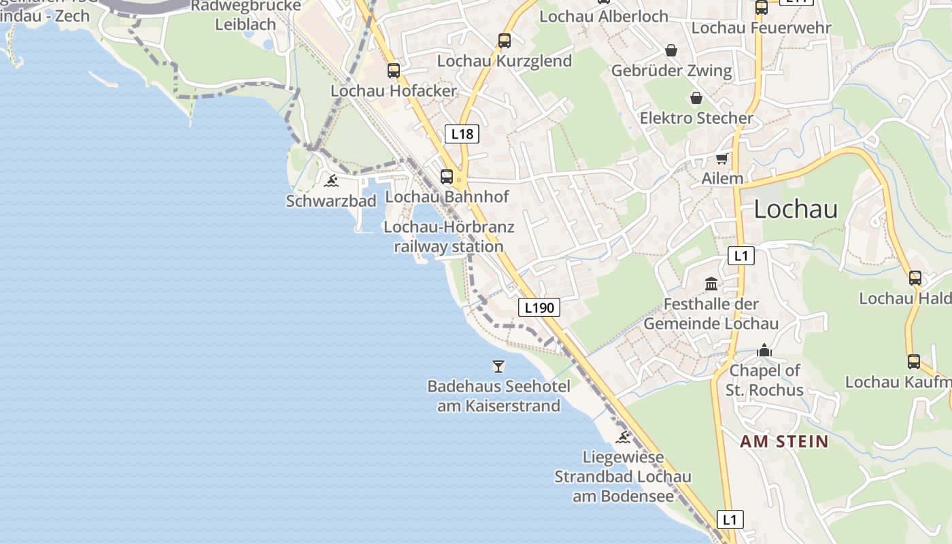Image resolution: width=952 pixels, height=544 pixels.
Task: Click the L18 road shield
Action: point(462,134)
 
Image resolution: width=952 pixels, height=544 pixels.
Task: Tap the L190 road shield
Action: point(539,307)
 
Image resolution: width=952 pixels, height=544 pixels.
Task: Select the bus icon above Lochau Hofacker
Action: point(394,70)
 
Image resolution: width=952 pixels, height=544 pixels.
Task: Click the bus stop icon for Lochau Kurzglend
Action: point(504,40)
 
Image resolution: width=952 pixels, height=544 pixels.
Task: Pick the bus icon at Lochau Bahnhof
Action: point(447,177)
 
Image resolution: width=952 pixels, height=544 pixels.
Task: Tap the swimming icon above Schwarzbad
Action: point(331,181)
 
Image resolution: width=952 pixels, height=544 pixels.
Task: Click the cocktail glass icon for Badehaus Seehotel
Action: point(498,367)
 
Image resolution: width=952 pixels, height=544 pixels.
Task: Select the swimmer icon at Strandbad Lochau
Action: point(622,437)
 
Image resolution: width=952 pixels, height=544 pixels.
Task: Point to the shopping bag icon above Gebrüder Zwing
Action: point(671,50)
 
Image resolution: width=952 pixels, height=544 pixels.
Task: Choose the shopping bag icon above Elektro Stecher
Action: point(696,98)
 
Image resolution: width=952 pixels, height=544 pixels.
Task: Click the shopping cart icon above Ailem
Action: point(721,158)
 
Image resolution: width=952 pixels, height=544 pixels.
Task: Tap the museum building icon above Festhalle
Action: point(711,284)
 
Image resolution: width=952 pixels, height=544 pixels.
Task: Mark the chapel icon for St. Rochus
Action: point(764,350)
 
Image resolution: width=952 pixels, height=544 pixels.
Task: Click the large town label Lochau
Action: point(796,209)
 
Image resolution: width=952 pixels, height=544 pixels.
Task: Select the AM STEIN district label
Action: point(784,441)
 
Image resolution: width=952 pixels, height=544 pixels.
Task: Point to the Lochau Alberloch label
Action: point(604,16)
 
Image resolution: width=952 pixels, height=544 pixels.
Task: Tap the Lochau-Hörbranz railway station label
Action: point(449,237)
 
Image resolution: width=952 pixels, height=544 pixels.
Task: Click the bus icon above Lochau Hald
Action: point(915,277)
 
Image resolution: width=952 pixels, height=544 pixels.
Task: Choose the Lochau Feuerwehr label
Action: point(761,28)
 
